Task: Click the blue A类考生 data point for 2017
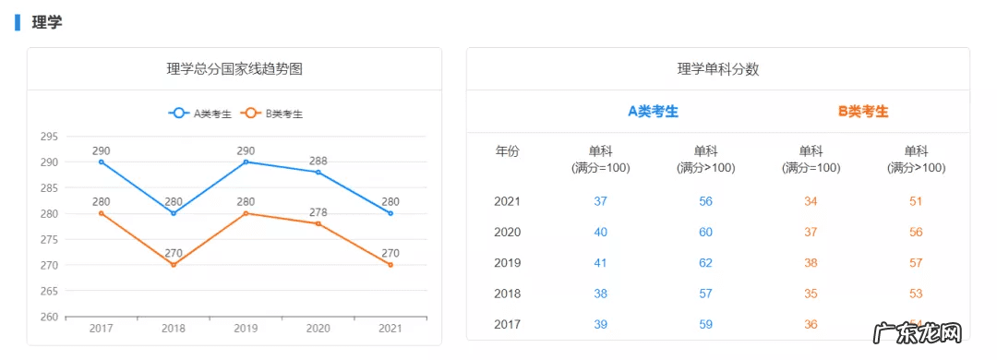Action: tap(102, 162)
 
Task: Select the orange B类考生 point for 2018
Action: tap(174, 265)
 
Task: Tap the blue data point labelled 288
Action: tap(318, 172)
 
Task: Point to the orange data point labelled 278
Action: tap(318, 223)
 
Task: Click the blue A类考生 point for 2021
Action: tap(390, 213)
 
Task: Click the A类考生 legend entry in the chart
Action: tap(200, 114)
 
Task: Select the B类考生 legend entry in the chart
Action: tap(272, 114)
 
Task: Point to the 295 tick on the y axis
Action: tap(49, 137)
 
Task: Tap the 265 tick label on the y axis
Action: tap(49, 292)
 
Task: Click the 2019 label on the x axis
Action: tap(246, 329)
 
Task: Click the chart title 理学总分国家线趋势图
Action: tap(234, 69)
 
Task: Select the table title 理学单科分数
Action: tap(718, 69)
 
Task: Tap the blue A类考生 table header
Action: tap(654, 112)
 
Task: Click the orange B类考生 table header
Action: tap(863, 112)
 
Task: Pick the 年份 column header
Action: tap(508, 151)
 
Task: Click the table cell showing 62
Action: tap(705, 263)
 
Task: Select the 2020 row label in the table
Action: tap(508, 232)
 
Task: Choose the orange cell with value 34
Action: tap(811, 201)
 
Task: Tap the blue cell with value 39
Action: tap(600, 324)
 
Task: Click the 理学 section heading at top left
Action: tap(47, 22)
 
